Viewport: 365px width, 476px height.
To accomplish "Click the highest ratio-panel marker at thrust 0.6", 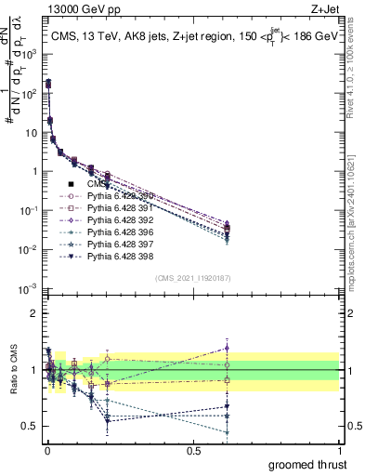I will tap(227, 349).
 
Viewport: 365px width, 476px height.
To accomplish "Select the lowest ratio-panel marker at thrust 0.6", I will tap(227, 432).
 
